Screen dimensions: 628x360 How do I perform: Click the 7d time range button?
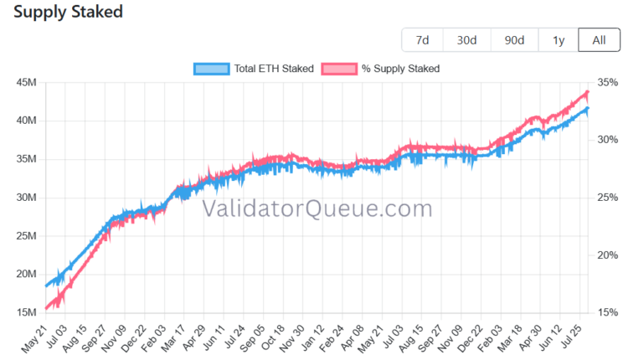point(423,40)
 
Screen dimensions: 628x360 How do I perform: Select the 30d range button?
point(467,40)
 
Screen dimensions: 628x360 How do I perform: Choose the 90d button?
point(515,40)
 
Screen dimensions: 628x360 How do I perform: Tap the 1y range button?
point(559,40)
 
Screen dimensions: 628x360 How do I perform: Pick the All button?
point(600,40)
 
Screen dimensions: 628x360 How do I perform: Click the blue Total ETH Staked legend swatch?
point(212,69)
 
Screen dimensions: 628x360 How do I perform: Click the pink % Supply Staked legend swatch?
point(339,69)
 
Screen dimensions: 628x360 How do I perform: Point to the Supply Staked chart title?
point(68,12)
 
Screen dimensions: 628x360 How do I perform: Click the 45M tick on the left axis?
point(27,83)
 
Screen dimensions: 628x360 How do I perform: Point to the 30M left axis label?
point(27,198)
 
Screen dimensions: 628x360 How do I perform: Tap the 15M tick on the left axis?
point(27,312)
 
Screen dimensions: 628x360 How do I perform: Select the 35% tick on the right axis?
point(608,83)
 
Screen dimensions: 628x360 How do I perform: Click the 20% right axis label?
point(608,255)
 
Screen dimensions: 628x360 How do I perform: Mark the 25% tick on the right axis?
point(608,198)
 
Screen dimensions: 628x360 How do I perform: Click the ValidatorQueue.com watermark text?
point(317,208)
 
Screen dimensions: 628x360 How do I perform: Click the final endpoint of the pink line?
point(588,92)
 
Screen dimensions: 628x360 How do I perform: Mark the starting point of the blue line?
point(46,286)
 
